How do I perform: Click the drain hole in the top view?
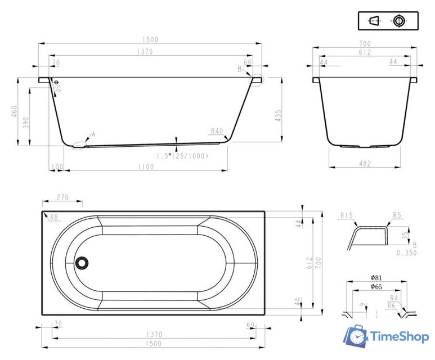[82, 262]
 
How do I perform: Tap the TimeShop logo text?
[400, 337]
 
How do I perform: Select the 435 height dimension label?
[278, 116]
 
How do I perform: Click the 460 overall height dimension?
[14, 111]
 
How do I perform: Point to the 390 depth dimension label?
[26, 122]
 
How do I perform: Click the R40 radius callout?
[217, 131]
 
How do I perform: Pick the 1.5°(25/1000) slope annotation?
[182, 156]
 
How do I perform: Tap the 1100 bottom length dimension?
[146, 166]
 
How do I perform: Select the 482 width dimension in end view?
[365, 164]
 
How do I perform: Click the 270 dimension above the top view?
[62, 197]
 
